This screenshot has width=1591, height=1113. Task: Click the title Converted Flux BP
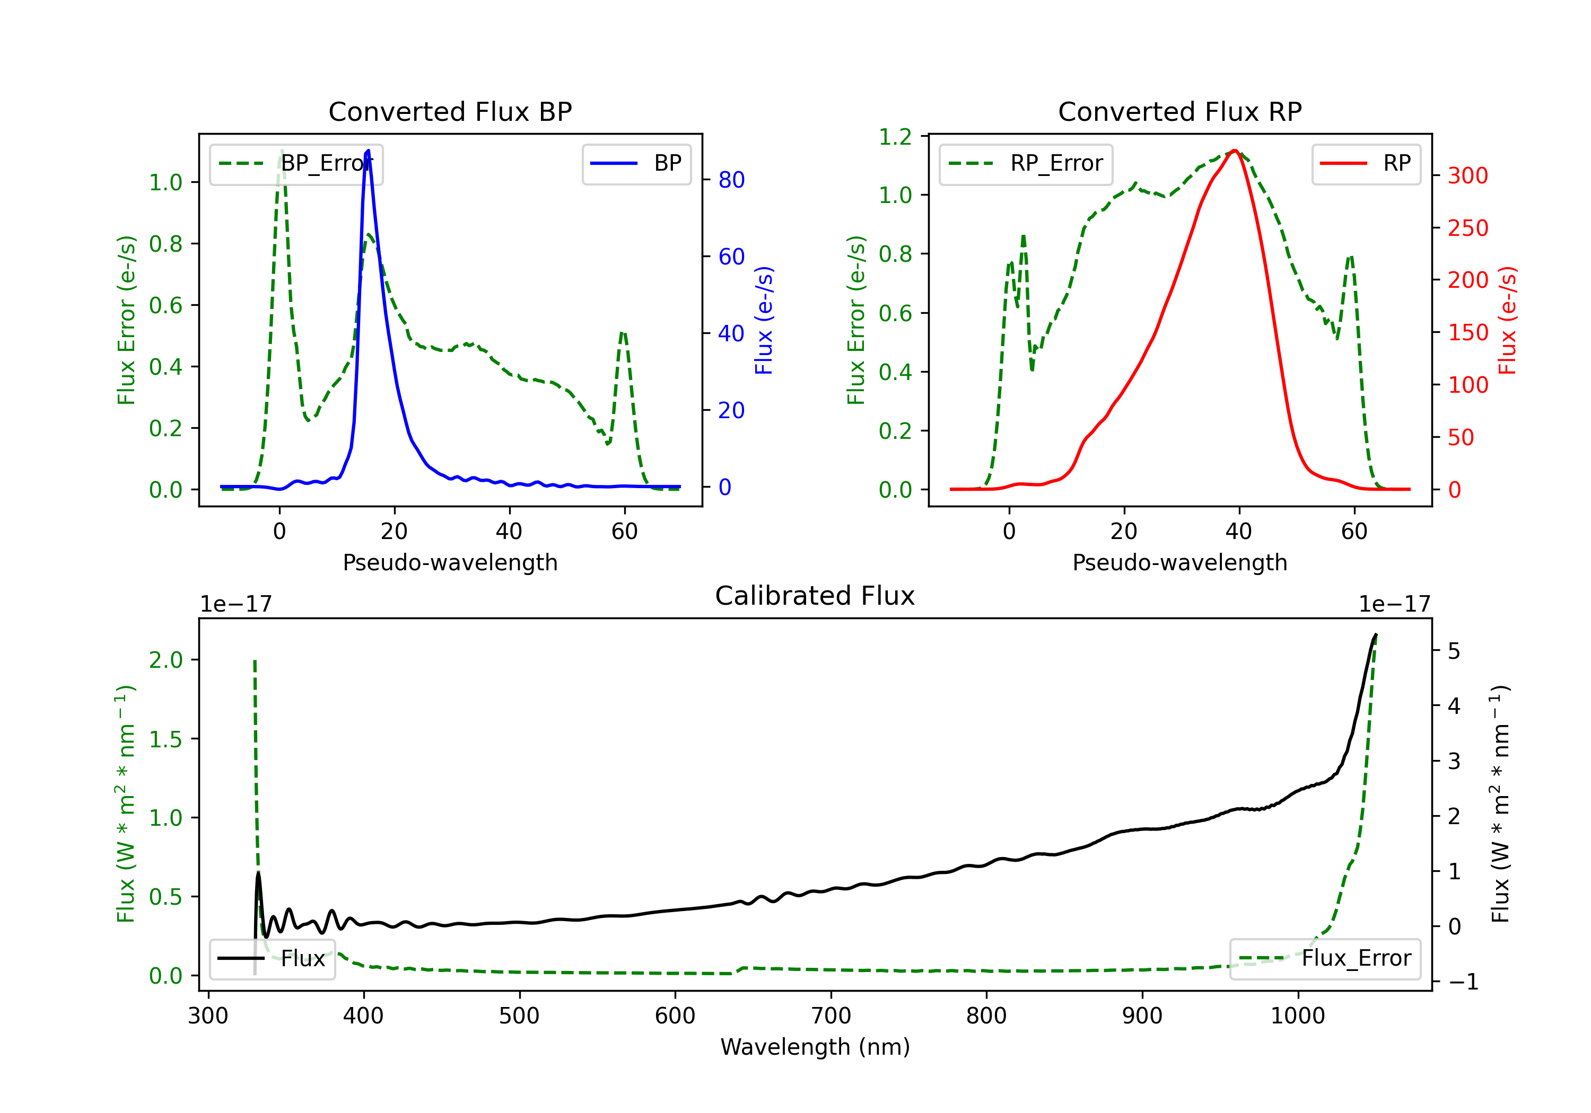(x=450, y=111)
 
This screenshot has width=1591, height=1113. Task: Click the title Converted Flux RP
(x=1179, y=111)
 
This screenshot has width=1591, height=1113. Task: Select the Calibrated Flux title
(x=815, y=596)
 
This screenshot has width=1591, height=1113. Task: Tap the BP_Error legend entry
(x=296, y=163)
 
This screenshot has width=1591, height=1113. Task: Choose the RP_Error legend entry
(x=1026, y=163)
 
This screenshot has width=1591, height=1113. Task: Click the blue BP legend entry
(x=636, y=163)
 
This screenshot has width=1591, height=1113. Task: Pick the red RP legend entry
(x=1366, y=163)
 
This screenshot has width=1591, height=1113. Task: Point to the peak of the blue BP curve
(x=368, y=151)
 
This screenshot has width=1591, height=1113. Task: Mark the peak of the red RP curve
(x=1235, y=151)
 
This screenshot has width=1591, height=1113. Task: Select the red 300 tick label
(x=1467, y=176)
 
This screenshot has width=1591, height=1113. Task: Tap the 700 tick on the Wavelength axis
(x=831, y=1016)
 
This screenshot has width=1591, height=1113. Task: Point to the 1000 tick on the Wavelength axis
(x=1298, y=1016)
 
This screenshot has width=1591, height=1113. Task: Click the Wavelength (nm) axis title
(x=815, y=1047)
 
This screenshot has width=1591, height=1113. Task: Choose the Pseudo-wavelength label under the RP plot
(x=1179, y=562)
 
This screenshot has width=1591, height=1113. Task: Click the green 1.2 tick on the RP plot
(x=895, y=137)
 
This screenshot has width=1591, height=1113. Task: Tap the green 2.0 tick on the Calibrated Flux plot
(x=165, y=660)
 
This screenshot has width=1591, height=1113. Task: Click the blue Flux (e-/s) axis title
(x=764, y=321)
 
